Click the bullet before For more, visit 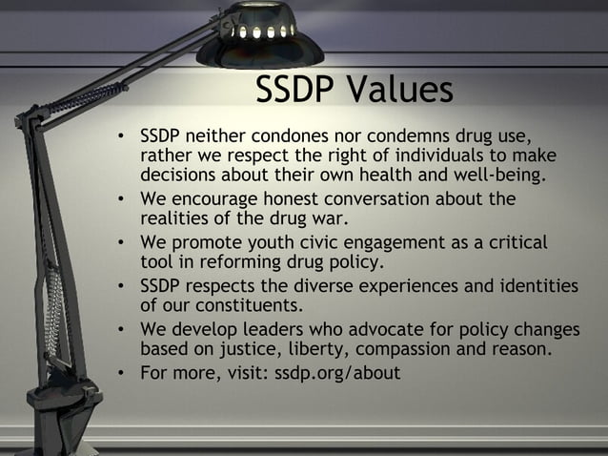[x=121, y=373]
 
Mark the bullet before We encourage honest [x=121, y=200]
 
